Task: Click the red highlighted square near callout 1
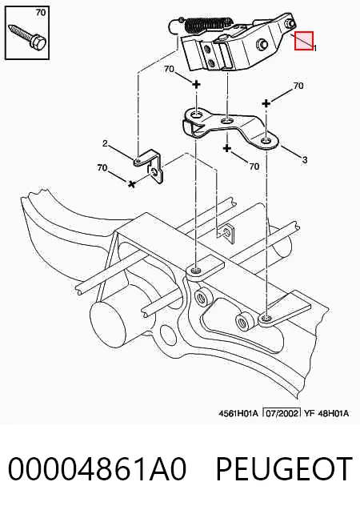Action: tap(304, 41)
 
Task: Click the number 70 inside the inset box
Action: tap(41, 13)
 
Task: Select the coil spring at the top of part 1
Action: tap(208, 24)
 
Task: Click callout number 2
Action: tap(105, 143)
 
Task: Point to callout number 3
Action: tap(305, 159)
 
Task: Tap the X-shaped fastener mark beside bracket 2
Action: tap(131, 184)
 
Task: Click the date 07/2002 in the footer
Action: tap(282, 413)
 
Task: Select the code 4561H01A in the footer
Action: tap(238, 413)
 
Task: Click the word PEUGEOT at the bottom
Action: tap(284, 468)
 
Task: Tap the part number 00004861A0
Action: tap(97, 468)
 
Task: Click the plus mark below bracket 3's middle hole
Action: tap(226, 149)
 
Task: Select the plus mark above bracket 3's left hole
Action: tap(196, 85)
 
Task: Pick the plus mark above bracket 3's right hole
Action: tap(266, 104)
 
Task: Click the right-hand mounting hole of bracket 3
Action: tap(266, 141)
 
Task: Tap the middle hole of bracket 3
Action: tap(226, 122)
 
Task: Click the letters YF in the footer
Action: tap(309, 413)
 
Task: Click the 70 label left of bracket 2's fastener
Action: tap(102, 168)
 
